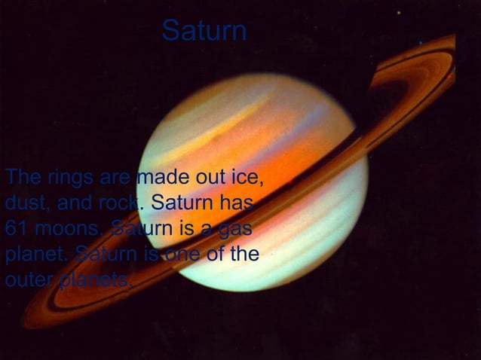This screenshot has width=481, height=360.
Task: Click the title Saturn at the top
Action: point(204,31)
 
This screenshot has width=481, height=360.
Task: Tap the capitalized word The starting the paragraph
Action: point(20,178)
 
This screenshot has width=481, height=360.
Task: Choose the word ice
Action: point(247,179)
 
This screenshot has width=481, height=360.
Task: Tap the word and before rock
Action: point(71,203)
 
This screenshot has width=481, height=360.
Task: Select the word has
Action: point(242,203)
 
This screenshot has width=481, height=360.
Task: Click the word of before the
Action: point(218,253)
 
